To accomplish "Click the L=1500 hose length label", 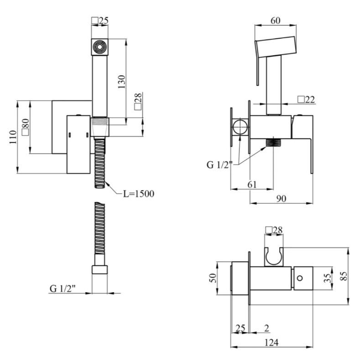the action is coord(138,194).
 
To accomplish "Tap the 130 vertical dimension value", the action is coord(121,82).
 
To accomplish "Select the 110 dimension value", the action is coord(13,137).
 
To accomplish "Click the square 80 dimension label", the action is coord(26,127).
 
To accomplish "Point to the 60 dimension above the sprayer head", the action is coord(275,21).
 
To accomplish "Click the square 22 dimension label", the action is coord(306,99).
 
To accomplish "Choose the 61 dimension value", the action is coord(252,185).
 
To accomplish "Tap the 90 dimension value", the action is coord(281,198).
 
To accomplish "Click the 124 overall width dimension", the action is coord(271,342).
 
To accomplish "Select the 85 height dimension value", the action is coord(344,276).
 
